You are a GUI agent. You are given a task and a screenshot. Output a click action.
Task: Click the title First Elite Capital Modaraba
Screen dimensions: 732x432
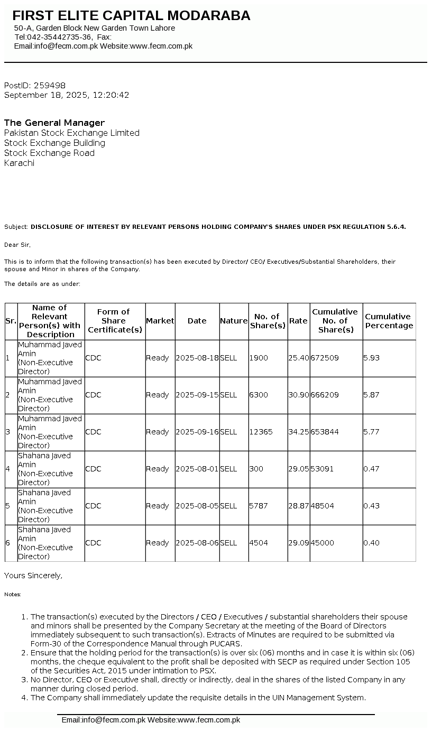pyautogui.click(x=131, y=16)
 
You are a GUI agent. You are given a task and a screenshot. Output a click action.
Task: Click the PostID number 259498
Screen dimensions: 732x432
pyautogui.click(x=49, y=85)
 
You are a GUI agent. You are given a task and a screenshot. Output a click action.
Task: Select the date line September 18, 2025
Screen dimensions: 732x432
pyautogui.click(x=67, y=95)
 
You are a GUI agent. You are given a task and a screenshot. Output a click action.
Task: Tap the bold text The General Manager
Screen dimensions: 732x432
pyautogui.click(x=54, y=123)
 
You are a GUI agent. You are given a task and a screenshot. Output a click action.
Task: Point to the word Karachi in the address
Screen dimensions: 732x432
pyautogui.click(x=19, y=163)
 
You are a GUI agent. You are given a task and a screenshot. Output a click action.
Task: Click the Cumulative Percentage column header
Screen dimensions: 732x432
pyautogui.click(x=389, y=321)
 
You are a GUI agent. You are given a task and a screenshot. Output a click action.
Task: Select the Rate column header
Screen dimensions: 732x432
pyautogui.click(x=298, y=321)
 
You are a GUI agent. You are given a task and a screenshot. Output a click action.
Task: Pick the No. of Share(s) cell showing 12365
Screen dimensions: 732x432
pyautogui.click(x=261, y=432)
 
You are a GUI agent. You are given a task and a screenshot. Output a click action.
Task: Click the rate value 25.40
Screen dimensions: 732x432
pyautogui.click(x=298, y=358)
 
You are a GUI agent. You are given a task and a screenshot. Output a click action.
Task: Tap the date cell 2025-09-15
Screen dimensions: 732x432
pyautogui.click(x=197, y=395)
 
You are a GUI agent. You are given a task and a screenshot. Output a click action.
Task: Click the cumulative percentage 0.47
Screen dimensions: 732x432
pyautogui.click(x=371, y=469)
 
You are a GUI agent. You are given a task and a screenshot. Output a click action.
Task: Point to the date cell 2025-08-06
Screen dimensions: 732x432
pyautogui.click(x=197, y=543)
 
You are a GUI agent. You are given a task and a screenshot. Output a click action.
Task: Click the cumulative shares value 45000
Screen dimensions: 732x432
pyautogui.click(x=323, y=543)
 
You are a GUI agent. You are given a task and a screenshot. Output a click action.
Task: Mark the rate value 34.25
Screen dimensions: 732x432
pyautogui.click(x=298, y=432)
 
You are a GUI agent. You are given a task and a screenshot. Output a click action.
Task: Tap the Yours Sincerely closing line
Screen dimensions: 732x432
pyautogui.click(x=33, y=575)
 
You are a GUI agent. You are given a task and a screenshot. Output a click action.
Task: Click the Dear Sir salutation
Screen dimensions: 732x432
pyautogui.click(x=17, y=245)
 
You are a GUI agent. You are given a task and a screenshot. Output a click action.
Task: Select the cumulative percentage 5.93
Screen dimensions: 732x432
pyautogui.click(x=371, y=358)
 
